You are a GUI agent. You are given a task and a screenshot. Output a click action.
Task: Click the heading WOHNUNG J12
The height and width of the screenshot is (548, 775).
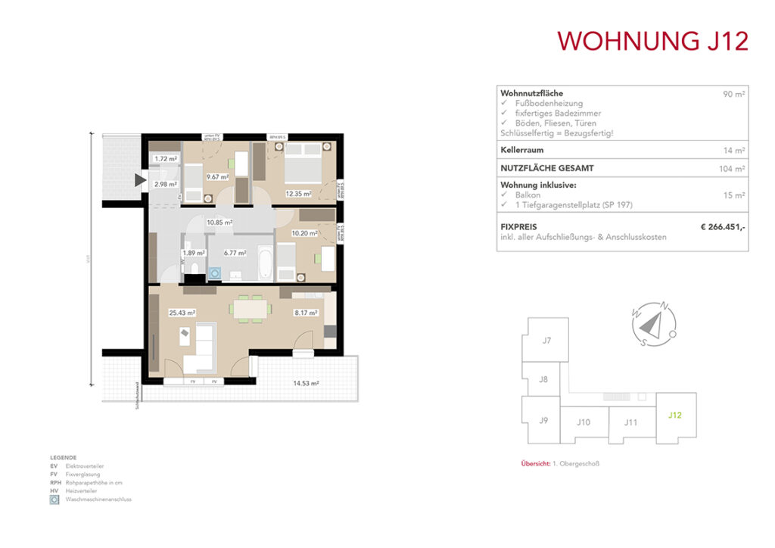click(652, 40)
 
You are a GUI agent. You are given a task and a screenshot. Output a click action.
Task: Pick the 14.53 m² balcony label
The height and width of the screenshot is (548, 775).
click(306, 384)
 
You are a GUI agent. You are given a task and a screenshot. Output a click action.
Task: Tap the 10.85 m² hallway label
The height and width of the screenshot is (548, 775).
click(220, 223)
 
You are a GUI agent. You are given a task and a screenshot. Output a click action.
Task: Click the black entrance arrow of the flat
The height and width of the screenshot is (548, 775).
click(140, 180)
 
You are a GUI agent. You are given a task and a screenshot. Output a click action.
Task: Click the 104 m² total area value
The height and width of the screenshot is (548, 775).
click(733, 169)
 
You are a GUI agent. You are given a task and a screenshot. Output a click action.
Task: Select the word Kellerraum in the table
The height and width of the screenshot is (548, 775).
click(521, 150)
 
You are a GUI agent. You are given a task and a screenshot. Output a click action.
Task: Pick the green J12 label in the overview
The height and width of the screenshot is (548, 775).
click(675, 414)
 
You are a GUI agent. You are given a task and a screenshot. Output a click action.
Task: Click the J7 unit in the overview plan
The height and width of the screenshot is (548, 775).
click(546, 341)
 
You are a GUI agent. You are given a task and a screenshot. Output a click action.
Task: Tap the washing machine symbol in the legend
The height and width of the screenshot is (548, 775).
click(54, 500)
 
